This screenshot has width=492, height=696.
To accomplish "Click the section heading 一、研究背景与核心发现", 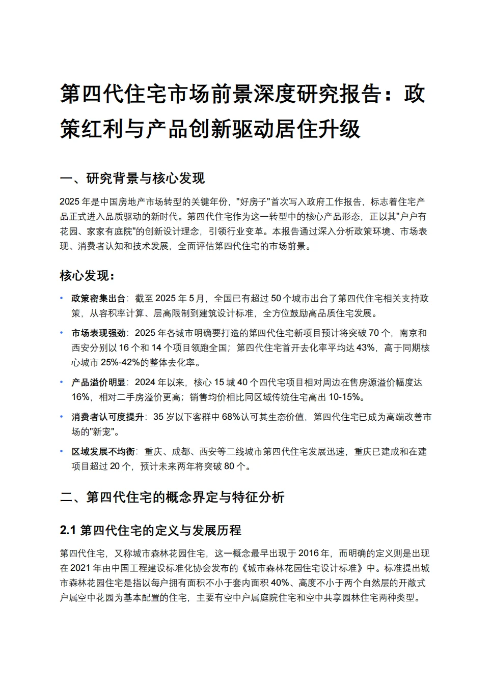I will (132, 179).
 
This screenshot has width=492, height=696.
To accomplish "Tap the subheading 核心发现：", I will (88, 276).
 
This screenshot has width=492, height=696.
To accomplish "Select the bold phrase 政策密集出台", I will (98, 298).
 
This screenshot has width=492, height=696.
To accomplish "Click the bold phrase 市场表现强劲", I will (98, 333).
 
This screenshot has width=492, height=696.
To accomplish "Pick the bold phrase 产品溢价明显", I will (98, 382).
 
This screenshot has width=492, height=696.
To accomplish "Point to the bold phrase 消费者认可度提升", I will (107, 417).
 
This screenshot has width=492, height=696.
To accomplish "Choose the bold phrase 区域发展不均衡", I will (103, 451).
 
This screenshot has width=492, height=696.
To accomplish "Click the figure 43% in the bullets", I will (365, 347).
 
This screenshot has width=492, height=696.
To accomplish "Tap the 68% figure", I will (230, 417).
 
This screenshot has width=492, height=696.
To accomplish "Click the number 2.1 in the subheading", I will (68, 530).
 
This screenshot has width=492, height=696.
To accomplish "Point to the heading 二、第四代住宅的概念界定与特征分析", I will (172, 497).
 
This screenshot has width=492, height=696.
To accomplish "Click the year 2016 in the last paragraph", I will (309, 553).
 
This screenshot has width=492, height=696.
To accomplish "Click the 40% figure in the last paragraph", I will (280, 583).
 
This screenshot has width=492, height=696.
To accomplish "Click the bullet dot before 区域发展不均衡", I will (62, 451).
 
